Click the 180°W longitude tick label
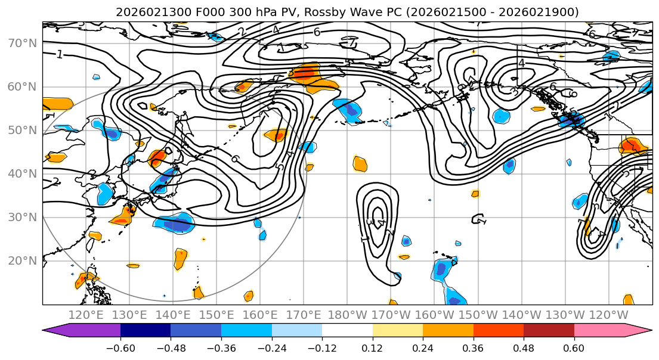(348, 315)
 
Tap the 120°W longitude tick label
(609, 315)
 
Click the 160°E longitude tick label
(261, 315)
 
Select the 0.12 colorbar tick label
(373, 347)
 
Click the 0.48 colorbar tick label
(524, 347)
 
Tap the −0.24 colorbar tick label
(271, 347)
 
